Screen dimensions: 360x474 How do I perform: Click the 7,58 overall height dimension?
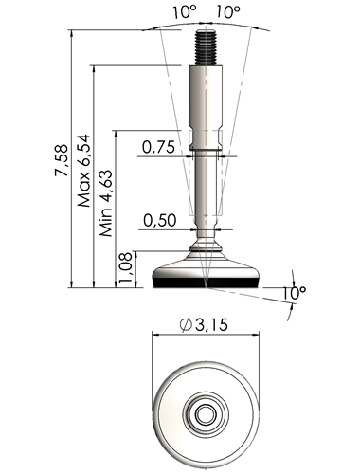tap(62, 160)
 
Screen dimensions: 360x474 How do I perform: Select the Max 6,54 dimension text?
tap(84, 171)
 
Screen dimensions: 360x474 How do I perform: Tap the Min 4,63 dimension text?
tap(106, 204)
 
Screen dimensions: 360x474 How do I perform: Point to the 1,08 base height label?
tap(126, 268)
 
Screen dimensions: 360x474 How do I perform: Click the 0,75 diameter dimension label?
tap(158, 147)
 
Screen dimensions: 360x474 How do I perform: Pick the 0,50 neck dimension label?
tap(159, 220)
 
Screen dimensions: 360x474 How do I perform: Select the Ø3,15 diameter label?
tap(204, 324)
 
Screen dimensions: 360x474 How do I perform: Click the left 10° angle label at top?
tap(185, 12)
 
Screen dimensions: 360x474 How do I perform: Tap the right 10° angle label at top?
tap(228, 12)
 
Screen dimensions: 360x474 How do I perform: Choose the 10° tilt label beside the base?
tap(294, 293)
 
